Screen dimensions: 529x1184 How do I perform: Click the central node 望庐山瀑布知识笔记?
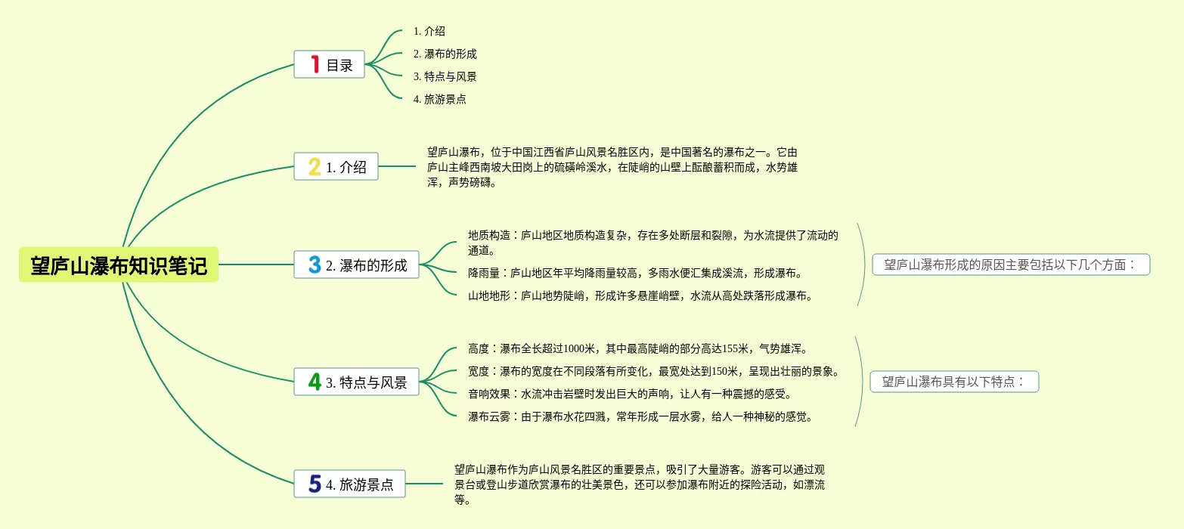point(119,265)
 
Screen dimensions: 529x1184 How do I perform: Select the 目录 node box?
point(329,65)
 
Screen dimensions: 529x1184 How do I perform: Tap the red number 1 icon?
point(315,64)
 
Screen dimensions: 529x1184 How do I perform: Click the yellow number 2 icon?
point(315,166)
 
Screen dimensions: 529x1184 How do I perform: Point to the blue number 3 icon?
point(315,264)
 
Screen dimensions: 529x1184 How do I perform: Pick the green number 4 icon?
point(315,382)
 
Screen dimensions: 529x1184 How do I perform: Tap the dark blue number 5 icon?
point(315,484)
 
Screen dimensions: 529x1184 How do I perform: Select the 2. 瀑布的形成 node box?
point(356,265)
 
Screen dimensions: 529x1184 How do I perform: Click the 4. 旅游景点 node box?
point(349,484)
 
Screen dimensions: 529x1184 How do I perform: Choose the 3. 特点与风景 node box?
point(356,382)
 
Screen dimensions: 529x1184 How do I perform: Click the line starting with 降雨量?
point(634,273)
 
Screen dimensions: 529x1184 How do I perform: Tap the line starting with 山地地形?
point(640,295)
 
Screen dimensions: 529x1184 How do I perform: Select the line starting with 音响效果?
point(629,394)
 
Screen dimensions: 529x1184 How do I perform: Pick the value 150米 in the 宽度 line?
point(725,371)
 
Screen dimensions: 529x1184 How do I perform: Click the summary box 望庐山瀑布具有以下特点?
point(954,382)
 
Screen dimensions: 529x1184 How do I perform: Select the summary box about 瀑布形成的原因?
point(1011,264)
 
